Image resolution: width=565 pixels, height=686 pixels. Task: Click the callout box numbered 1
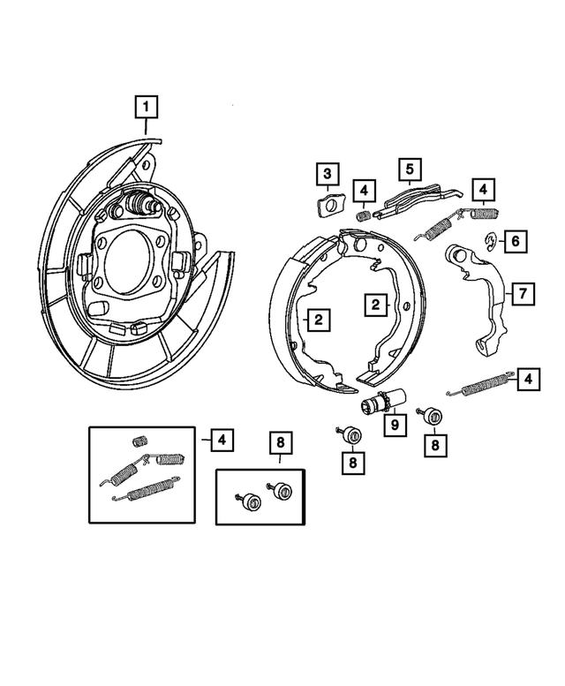coord(147,109)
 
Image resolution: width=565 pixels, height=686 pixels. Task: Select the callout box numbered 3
coord(327,173)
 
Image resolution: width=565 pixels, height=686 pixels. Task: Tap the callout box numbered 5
coord(410,169)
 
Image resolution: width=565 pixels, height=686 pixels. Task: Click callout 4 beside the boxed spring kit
coord(222,438)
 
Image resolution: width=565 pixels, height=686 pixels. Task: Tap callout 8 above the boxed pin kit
coord(280,442)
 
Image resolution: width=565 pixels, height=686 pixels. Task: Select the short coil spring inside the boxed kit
coord(137,441)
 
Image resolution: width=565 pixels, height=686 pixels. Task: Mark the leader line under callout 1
coord(147,126)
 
